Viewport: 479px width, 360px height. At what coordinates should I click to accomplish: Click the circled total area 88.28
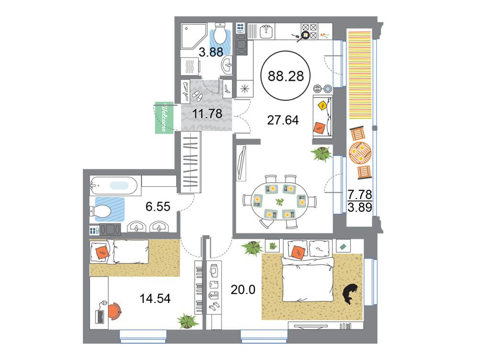pyautogui.click(x=286, y=76)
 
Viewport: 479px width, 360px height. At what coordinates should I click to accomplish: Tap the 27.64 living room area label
pyautogui.click(x=283, y=120)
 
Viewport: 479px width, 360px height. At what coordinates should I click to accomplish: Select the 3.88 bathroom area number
pyautogui.click(x=211, y=52)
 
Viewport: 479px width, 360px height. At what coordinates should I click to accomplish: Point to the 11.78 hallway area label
pyautogui.click(x=207, y=114)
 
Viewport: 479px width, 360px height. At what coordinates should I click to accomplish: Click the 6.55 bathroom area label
pyautogui.click(x=158, y=207)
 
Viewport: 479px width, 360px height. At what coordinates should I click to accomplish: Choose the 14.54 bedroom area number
pyautogui.click(x=155, y=298)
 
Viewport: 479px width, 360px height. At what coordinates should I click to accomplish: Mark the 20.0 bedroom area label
pyautogui.click(x=243, y=289)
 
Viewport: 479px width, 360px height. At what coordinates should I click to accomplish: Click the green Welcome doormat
pyautogui.click(x=164, y=117)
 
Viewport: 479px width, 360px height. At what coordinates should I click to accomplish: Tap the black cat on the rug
pyautogui.click(x=350, y=294)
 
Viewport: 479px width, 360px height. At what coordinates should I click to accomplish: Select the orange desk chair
pyautogui.click(x=114, y=311)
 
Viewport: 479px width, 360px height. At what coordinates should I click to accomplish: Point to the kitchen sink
pyautogui.click(x=267, y=31)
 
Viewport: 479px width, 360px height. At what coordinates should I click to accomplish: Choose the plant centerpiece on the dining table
pyautogui.click(x=280, y=202)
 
